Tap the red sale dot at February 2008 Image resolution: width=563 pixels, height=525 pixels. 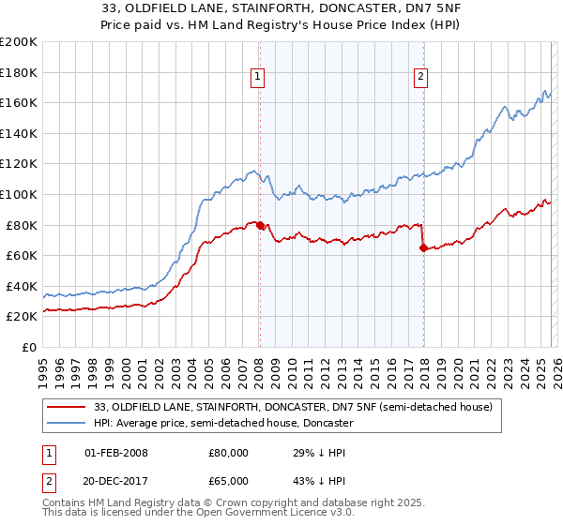click(x=260, y=225)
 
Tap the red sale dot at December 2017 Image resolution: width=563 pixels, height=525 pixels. click(x=423, y=248)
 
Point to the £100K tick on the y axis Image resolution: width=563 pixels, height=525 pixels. click(x=19, y=194)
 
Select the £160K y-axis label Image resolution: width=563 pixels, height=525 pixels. click(x=19, y=102)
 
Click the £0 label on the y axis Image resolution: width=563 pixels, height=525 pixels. click(x=29, y=347)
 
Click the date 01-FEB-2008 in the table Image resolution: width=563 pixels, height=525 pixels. click(x=116, y=453)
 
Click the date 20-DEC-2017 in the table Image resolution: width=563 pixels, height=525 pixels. click(x=116, y=483)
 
